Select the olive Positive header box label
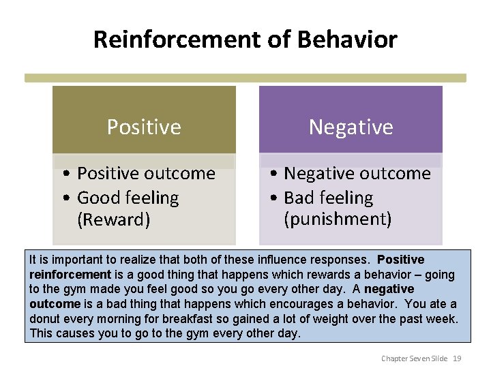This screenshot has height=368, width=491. tap(144, 127)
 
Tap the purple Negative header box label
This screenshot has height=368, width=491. tap(351, 127)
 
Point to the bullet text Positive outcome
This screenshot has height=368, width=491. tap(146, 174)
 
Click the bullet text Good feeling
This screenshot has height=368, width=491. tap(128, 198)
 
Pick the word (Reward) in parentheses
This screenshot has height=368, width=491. tap(114, 219)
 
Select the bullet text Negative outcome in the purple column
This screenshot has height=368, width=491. tap(357, 174)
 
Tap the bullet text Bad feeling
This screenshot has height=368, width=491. tap(329, 198)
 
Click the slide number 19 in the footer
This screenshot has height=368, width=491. tap(458, 358)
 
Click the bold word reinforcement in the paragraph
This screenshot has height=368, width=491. tap(70, 274)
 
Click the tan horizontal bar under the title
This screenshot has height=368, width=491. tap(245, 78)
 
